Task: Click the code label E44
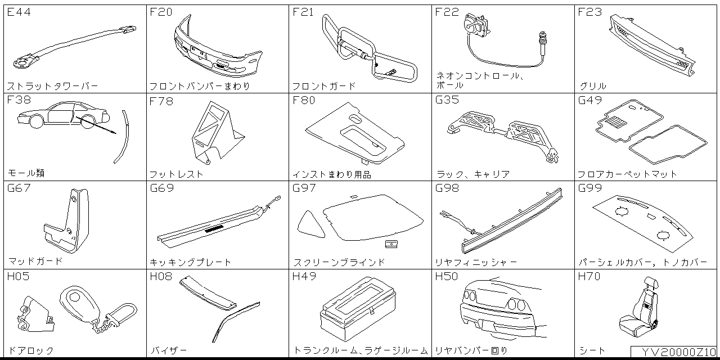tap(19, 12)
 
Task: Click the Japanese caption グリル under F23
tap(593, 86)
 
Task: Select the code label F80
tap(304, 101)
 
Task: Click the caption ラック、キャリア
tap(472, 174)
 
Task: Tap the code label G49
tap(590, 101)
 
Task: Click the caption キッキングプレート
tap(191, 262)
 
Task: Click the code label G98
tap(447, 188)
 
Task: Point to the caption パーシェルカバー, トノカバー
tap(642, 262)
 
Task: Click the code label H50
tap(447, 277)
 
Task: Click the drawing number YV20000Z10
tap(674, 352)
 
